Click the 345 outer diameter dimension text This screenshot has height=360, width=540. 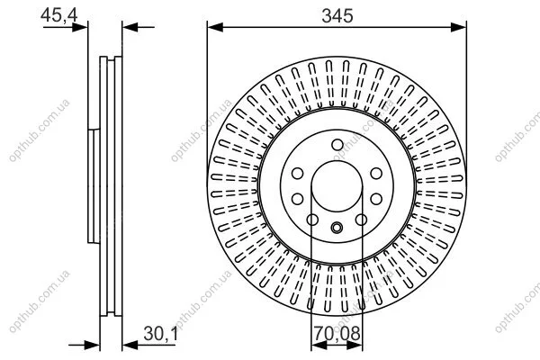click(x=337, y=16)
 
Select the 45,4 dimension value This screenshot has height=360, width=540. click(x=59, y=15)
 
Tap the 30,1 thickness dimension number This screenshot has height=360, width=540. click(x=160, y=334)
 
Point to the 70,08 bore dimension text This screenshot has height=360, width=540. click(x=337, y=334)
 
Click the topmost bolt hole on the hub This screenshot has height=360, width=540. click(x=337, y=145)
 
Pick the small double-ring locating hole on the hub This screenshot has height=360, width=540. click(x=337, y=228)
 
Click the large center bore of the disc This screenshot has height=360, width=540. click(x=337, y=186)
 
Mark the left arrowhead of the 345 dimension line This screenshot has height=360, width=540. click(x=215, y=27)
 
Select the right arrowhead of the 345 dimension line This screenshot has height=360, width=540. click(x=458, y=27)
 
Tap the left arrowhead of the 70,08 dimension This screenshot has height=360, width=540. click(x=319, y=345)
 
